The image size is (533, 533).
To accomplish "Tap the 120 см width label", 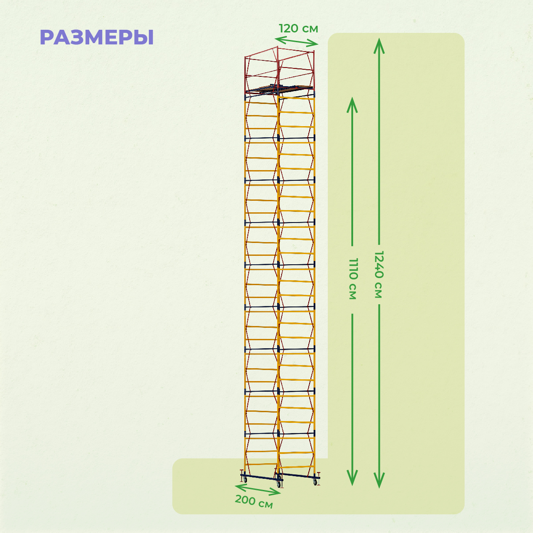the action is point(298,28).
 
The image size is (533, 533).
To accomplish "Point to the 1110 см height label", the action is point(353,279).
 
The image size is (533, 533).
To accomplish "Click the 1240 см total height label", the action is point(379,274).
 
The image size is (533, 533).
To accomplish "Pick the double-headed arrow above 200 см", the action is point(258,489).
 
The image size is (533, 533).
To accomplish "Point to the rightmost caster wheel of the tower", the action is point(315,481).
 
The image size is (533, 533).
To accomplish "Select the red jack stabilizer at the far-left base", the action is point(242,471).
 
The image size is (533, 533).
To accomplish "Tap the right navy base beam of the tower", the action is point(299,476).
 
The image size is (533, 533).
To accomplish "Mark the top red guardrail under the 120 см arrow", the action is point(296,50).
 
